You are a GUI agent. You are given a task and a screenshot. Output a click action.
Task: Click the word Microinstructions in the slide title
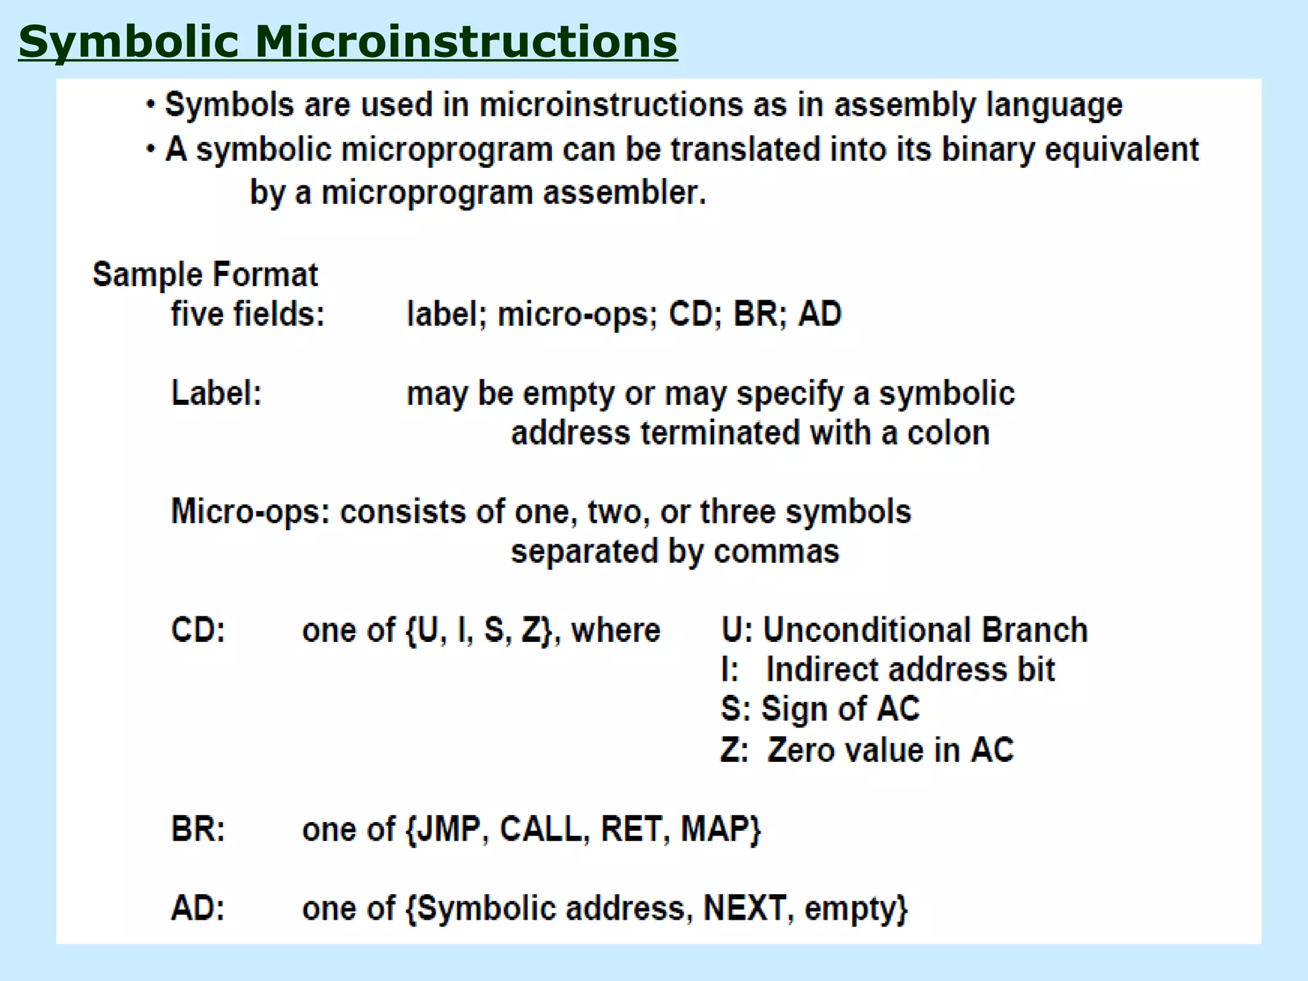click(466, 42)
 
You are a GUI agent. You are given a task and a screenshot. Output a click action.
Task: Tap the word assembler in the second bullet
click(624, 192)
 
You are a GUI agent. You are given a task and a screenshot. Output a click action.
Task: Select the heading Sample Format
click(205, 275)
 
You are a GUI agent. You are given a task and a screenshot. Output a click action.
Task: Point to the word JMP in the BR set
click(453, 829)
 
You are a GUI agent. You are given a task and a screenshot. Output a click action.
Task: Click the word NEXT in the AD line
click(745, 908)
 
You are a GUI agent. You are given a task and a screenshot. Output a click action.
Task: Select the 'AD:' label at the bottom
click(198, 908)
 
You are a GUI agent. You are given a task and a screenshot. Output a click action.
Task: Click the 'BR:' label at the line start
click(198, 829)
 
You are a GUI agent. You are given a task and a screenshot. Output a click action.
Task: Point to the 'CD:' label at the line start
click(198, 630)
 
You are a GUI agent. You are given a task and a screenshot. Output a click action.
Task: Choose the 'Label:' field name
click(217, 393)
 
